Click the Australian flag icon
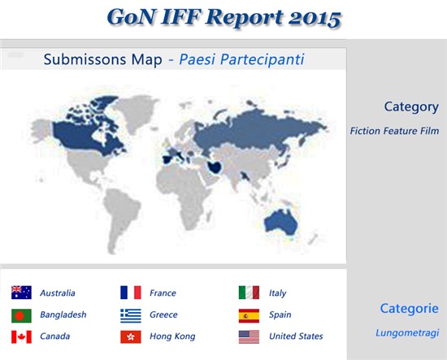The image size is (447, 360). (21, 293)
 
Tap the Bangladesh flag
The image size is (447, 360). (21, 315)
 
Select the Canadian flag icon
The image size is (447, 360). (21, 337)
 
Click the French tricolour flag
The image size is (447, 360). (131, 293)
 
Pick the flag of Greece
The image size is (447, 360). (131, 315)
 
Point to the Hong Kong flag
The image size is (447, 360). (131, 337)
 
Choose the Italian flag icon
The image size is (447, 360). (249, 293)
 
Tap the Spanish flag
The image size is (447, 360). (249, 315)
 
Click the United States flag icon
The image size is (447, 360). (249, 337)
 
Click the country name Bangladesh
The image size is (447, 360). (63, 314)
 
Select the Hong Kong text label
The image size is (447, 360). (172, 336)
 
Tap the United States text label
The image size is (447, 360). (296, 336)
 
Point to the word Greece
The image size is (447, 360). (163, 314)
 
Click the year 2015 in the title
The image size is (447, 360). (315, 18)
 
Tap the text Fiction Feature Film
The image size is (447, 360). (394, 131)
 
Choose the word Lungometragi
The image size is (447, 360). (407, 332)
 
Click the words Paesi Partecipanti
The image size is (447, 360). (241, 59)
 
